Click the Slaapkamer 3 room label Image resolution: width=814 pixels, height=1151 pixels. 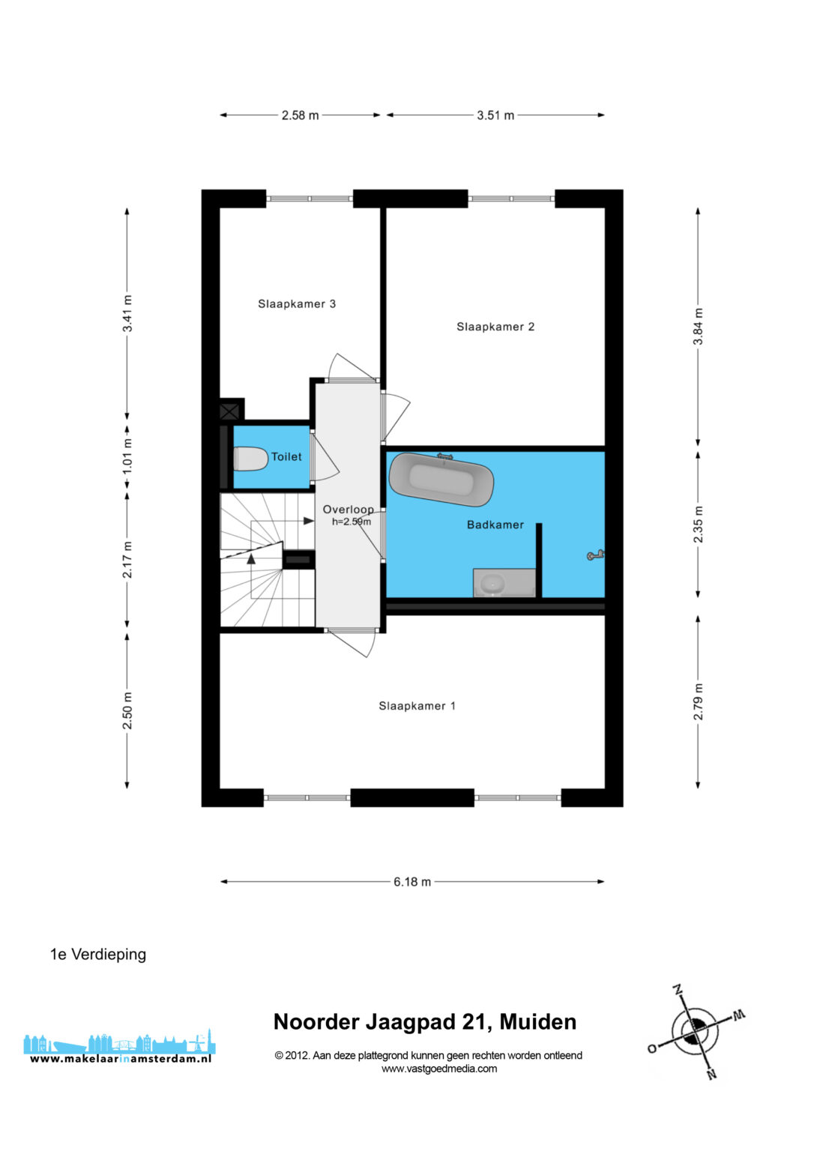click(x=297, y=304)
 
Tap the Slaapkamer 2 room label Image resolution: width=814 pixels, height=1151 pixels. click(x=495, y=327)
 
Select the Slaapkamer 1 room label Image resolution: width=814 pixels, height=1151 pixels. click(x=417, y=706)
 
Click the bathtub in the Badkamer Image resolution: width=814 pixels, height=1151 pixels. click(x=441, y=479)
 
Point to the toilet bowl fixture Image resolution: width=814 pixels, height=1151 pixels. click(x=250, y=459)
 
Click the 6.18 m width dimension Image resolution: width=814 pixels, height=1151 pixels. click(x=412, y=882)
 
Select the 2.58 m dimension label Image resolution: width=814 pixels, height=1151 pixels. click(x=300, y=115)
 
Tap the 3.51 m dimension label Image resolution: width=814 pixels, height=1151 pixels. click(x=495, y=115)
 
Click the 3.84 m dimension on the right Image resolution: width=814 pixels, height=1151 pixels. click(x=697, y=327)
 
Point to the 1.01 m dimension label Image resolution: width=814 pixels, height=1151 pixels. click(x=127, y=456)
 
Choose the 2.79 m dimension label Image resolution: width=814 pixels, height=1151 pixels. click(x=697, y=702)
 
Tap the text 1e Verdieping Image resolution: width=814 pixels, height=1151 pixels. click(x=98, y=954)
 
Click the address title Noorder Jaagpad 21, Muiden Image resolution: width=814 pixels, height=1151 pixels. click(x=424, y=1022)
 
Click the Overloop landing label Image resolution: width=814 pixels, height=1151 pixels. click(x=348, y=510)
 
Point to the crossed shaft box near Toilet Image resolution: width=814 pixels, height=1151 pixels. click(x=229, y=411)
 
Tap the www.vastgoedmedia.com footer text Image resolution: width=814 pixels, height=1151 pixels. click(x=439, y=1069)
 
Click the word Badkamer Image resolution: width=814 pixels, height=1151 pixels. click(x=495, y=525)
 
